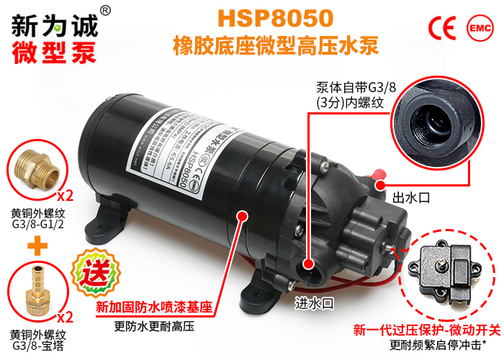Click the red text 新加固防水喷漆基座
point(155,306)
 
